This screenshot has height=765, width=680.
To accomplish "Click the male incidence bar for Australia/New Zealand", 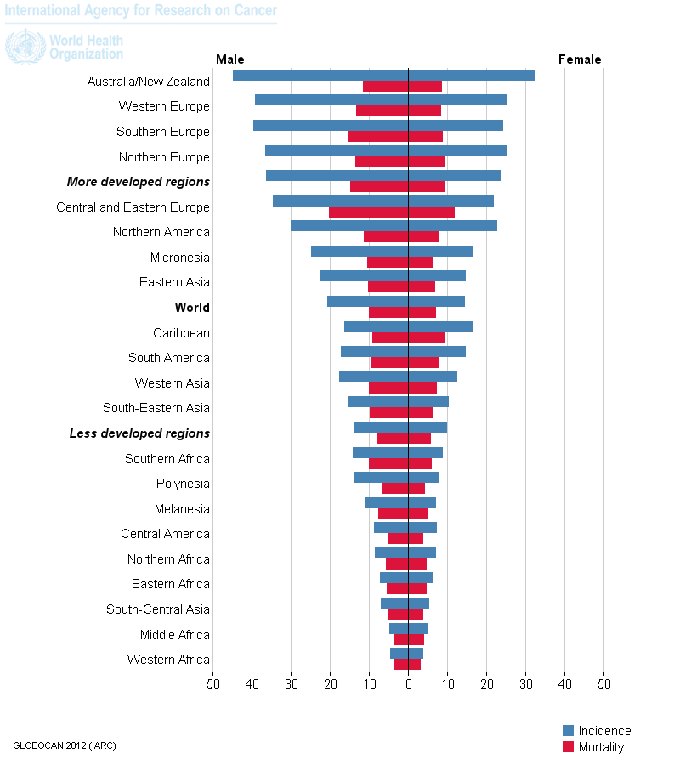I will (320, 75).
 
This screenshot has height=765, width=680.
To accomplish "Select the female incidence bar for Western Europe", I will (457, 100).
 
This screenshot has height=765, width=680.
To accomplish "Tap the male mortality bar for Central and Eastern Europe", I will (369, 212).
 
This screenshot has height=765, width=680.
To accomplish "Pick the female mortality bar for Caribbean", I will (427, 337).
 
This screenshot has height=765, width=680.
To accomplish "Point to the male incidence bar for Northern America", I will (349, 225).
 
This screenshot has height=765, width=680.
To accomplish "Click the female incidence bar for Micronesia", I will (441, 251).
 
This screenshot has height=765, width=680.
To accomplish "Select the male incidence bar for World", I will (368, 301).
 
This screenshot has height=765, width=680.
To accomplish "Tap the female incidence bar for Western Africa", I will (416, 653).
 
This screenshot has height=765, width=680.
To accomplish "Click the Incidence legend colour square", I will (569, 731).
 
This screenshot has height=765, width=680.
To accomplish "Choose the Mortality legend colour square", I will (569, 747).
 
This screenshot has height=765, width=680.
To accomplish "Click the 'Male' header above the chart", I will (230, 59).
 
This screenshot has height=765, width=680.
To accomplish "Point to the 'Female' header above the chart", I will (580, 59).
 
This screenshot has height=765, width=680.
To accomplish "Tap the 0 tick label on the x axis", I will (409, 683).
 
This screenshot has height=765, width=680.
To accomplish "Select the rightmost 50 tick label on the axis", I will (603, 683).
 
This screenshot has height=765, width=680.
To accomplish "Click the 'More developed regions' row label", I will (139, 182).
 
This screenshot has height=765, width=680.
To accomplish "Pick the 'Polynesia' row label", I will (183, 484).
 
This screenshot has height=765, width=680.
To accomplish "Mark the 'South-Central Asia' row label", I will (158, 609).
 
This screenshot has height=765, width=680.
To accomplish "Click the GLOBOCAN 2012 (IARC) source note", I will (65, 745).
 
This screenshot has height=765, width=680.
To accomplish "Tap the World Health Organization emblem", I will (25, 46).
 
